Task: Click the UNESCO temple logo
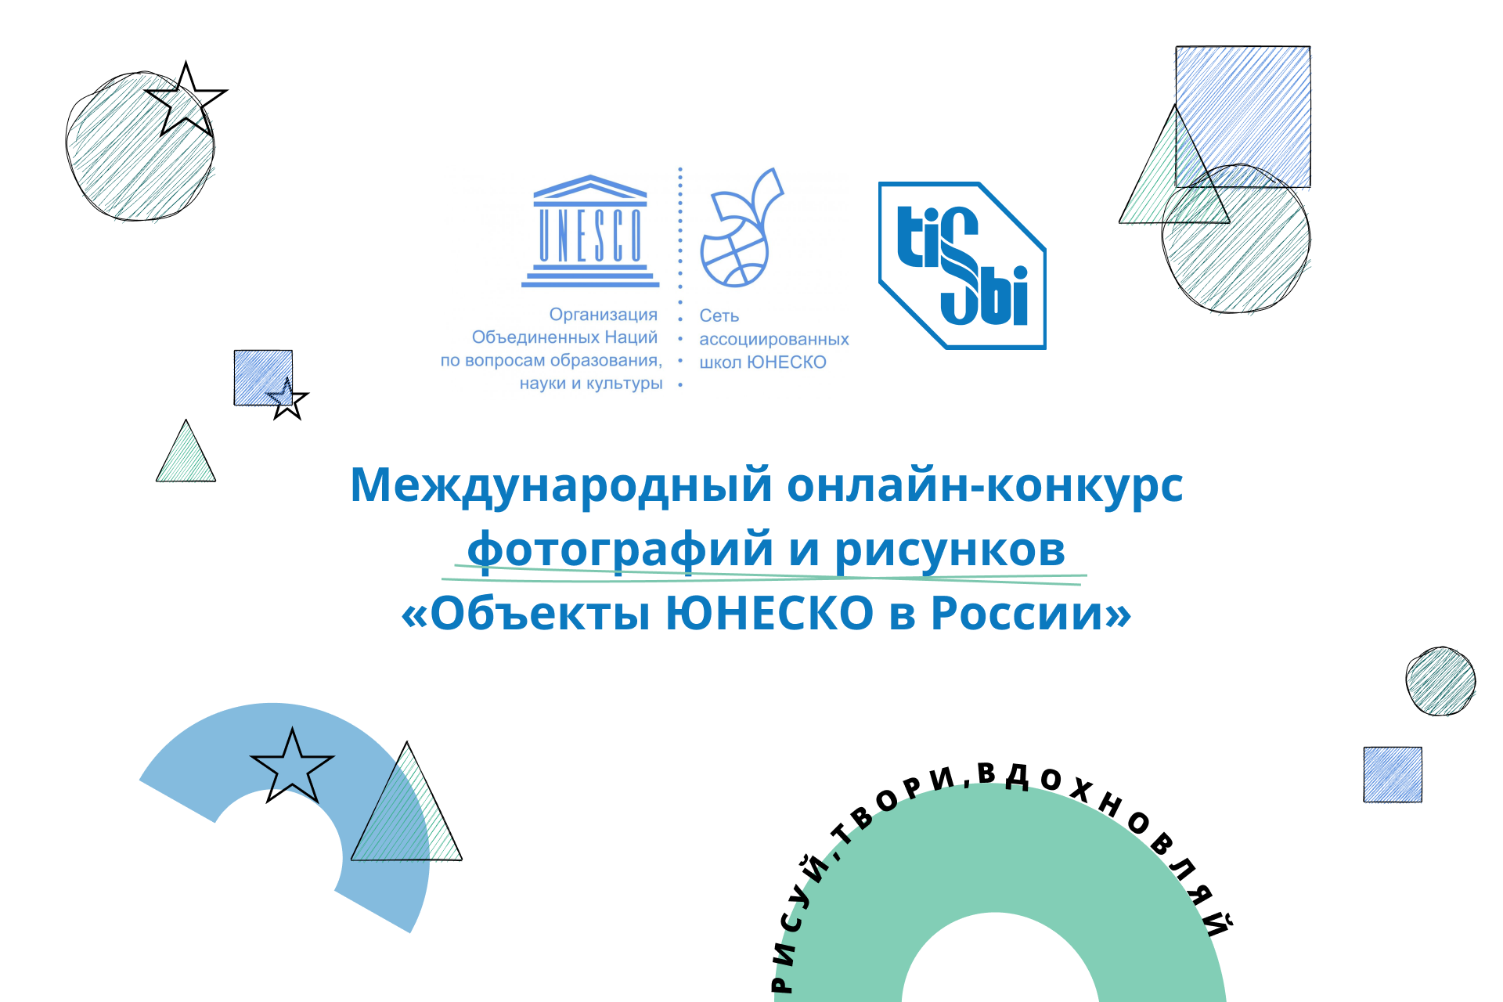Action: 590,231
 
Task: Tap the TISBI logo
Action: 962,265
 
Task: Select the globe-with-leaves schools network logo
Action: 741,227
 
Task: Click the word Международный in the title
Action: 561,485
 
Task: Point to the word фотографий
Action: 621,550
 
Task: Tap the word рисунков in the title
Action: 950,551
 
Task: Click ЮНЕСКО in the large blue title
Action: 770,612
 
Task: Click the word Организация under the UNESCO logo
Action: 603,315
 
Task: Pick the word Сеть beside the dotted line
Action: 719,315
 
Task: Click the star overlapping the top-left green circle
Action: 186,100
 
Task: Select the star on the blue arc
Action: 292,766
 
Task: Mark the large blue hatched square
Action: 1242,117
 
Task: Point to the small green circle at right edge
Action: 1440,680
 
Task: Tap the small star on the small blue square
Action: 287,399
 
